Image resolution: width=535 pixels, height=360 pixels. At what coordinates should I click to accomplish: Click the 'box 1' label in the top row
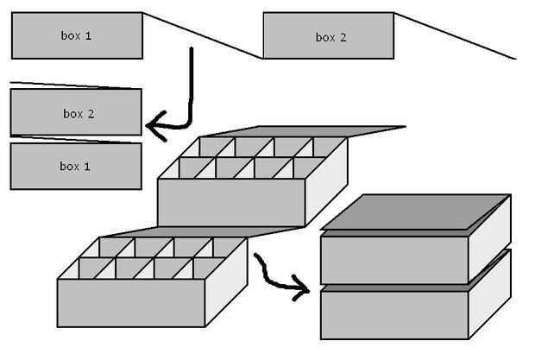(x=76, y=35)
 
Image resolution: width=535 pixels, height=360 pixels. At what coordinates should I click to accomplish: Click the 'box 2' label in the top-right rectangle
(x=330, y=37)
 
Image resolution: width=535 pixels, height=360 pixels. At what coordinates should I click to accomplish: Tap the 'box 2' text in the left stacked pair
(x=78, y=113)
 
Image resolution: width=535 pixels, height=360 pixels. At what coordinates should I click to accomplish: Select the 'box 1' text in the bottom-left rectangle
(x=75, y=166)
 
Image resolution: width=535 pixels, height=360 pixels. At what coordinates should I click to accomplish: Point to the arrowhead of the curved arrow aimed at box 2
(x=154, y=127)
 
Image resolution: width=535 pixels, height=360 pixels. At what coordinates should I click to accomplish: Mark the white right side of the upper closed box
(x=489, y=237)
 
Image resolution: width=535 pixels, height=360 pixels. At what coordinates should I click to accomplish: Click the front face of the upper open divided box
(x=230, y=203)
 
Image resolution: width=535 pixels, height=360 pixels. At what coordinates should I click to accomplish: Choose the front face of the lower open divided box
(x=130, y=302)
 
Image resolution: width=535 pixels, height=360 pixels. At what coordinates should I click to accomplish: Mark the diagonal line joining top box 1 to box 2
(x=203, y=35)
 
